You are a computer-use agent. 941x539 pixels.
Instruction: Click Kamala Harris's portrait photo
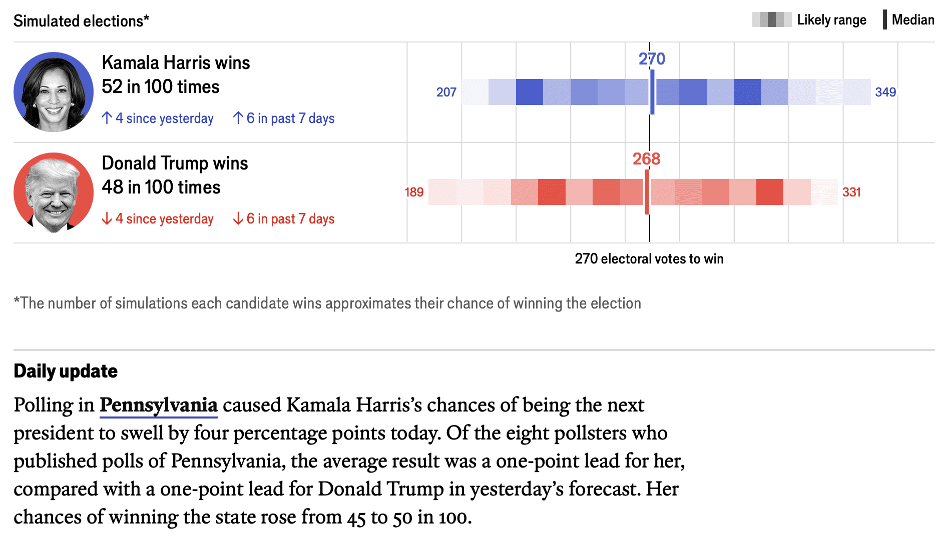click(54, 92)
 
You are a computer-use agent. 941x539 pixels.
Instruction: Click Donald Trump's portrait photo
click(54, 192)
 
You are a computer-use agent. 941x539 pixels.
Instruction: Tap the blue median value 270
click(652, 59)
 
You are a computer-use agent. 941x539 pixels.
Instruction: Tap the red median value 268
click(646, 159)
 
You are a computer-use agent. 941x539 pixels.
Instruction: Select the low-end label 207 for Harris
click(446, 92)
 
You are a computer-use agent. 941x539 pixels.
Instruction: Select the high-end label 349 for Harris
click(885, 92)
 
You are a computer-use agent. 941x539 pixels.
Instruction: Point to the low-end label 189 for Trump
click(414, 192)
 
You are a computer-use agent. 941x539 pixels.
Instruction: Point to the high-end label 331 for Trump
click(851, 192)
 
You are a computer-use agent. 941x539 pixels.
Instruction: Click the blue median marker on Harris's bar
click(652, 92)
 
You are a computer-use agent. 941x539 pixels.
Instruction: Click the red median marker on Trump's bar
click(647, 192)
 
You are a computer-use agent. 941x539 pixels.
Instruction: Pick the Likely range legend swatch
click(771, 20)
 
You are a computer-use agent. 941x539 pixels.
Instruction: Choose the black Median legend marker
click(885, 20)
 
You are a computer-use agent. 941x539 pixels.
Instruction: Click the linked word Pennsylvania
click(159, 405)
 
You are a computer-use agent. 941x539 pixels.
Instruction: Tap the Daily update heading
click(66, 371)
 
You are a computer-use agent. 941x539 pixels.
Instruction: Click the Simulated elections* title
click(81, 21)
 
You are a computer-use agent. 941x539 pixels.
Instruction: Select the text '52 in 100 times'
click(161, 87)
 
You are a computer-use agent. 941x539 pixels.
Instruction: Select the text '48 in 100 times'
click(161, 187)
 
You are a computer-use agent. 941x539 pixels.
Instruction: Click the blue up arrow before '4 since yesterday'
click(107, 118)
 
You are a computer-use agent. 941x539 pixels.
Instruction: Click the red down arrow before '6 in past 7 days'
click(238, 218)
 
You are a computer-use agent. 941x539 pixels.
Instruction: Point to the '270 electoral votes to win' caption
click(649, 259)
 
